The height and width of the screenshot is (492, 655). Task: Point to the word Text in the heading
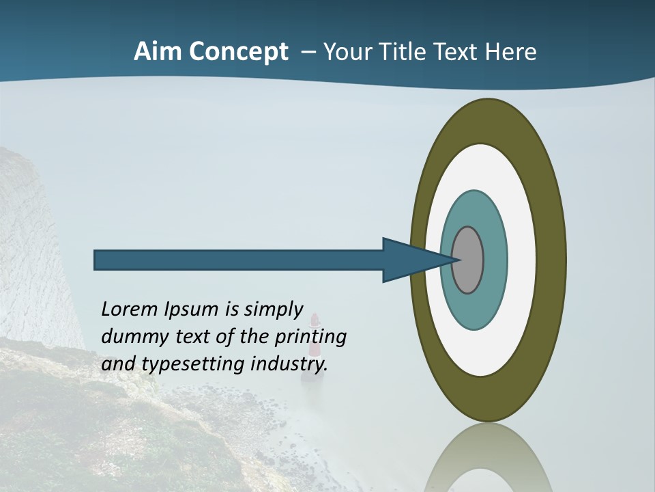coord(458,52)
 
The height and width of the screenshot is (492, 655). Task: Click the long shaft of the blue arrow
coord(239,260)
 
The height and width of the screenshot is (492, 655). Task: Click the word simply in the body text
coord(274,310)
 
